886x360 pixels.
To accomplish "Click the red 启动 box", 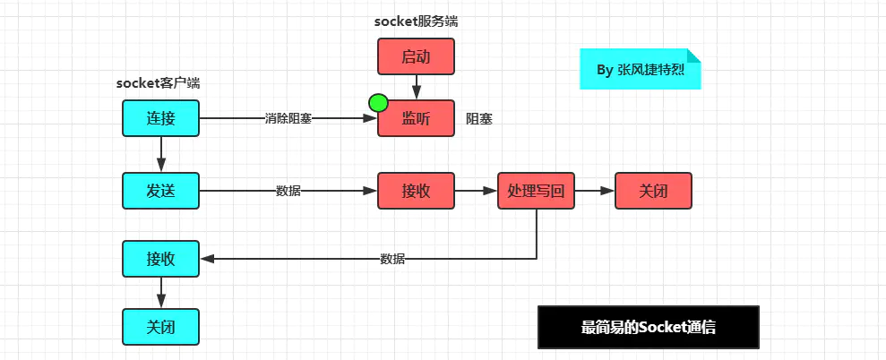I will (x=416, y=56).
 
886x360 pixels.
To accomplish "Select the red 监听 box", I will (x=417, y=118).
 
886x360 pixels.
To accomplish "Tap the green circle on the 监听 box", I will (x=377, y=103).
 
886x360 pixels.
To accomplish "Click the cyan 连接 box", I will (x=160, y=118).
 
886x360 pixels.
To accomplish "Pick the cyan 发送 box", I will (x=160, y=191).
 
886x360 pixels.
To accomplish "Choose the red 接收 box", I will (x=417, y=191).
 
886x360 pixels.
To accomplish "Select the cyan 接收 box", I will (x=160, y=259).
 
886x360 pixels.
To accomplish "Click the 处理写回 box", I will (x=536, y=191).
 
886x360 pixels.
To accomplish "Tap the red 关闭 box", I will (x=653, y=191).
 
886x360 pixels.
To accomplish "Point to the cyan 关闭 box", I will (x=160, y=327).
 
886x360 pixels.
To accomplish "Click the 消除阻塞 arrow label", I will (x=288, y=118).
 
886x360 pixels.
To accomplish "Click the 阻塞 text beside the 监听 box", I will (x=479, y=118).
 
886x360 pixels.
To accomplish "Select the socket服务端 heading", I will (x=416, y=21).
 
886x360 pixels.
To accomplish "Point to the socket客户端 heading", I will (x=158, y=83).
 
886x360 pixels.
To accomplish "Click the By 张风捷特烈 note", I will (x=640, y=69).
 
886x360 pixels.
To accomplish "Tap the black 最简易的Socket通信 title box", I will (x=648, y=327).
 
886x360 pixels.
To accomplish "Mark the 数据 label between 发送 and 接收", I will (x=288, y=191).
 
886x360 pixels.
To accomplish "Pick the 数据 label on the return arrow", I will (x=392, y=259).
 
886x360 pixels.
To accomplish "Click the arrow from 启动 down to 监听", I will (x=417, y=86).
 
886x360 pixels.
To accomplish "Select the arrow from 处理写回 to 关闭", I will (x=594, y=191).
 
